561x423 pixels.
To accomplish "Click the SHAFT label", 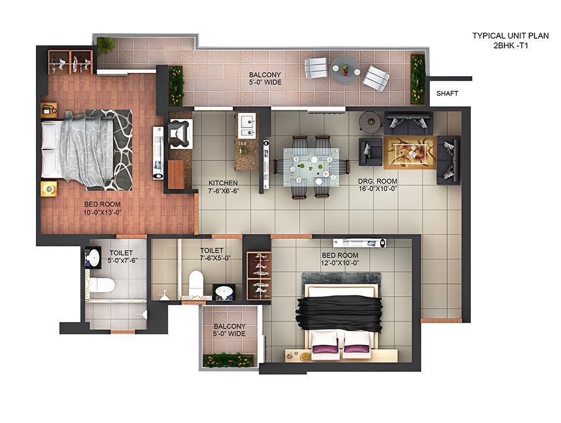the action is (447, 93).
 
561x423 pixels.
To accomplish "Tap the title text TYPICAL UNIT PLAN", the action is (511, 36).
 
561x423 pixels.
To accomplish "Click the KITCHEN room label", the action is (223, 183).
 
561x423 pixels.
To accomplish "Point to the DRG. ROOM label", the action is (377, 181).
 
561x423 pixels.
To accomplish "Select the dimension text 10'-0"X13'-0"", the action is (103, 212).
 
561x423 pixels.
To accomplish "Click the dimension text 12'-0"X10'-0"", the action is (340, 263).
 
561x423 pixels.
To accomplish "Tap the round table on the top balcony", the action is (345, 70).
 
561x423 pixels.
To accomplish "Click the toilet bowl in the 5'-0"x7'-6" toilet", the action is (102, 285).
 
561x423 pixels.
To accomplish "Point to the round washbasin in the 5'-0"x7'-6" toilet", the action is (92, 257).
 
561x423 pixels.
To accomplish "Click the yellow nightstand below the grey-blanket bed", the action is (49, 188).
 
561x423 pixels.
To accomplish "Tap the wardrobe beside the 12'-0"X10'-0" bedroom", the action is (259, 275).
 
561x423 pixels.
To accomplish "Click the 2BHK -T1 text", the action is (511, 46).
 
